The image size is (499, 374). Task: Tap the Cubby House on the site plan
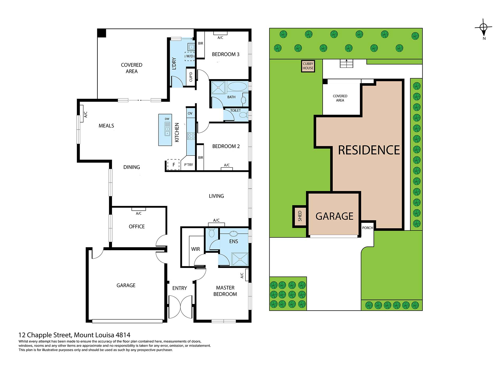[x=308, y=66]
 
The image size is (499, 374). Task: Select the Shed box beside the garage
[x=300, y=216]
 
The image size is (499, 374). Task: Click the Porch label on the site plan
[x=367, y=228]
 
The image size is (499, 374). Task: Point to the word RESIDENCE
[x=369, y=150]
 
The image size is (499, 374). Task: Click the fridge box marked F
[x=173, y=165]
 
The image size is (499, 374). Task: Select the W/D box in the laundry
[x=190, y=56]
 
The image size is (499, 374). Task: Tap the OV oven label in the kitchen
[x=190, y=113]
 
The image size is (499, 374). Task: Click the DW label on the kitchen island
[x=167, y=119]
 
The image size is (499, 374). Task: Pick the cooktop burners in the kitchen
[x=191, y=136]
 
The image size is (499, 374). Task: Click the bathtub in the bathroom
[x=237, y=87]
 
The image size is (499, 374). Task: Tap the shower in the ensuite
[x=240, y=259]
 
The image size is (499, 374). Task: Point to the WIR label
[x=195, y=249]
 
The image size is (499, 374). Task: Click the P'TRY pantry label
[x=189, y=165]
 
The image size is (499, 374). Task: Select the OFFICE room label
[x=136, y=226]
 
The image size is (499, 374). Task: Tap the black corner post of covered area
[x=102, y=33]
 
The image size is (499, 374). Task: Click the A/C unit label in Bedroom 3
[x=220, y=38]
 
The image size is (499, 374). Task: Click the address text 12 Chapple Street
[x=45, y=335]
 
